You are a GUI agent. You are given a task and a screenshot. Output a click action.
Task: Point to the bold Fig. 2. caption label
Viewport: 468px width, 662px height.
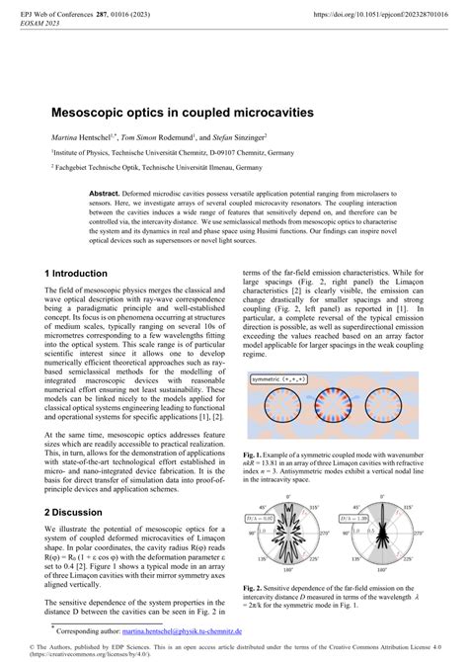click(253, 587)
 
